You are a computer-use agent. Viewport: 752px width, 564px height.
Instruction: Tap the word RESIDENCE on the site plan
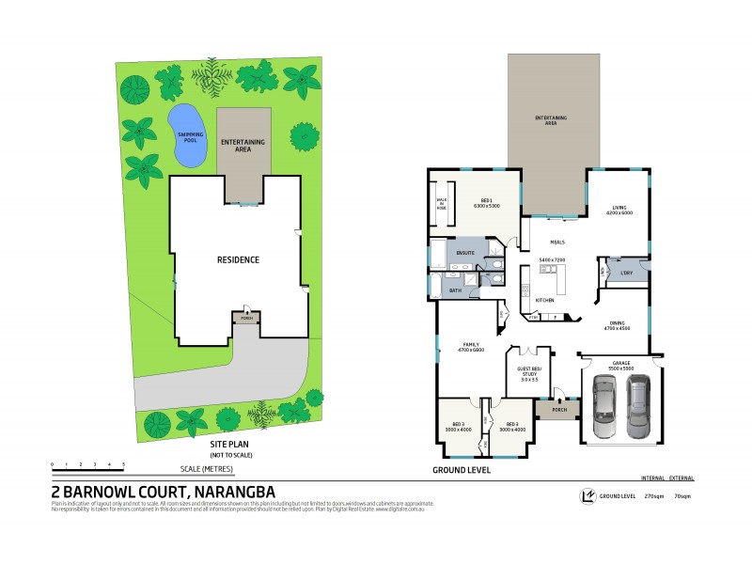(238, 259)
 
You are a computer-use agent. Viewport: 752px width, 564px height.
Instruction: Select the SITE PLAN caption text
(231, 445)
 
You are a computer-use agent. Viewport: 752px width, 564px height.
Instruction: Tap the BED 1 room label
(487, 202)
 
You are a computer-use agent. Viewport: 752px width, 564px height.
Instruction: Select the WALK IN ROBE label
(441, 202)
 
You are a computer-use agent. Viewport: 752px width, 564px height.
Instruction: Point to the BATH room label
(455, 291)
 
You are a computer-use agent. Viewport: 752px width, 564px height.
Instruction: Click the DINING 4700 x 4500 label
(617, 325)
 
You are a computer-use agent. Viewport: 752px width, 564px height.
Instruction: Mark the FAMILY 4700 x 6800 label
(469, 347)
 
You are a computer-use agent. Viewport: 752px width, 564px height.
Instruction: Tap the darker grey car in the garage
(638, 406)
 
